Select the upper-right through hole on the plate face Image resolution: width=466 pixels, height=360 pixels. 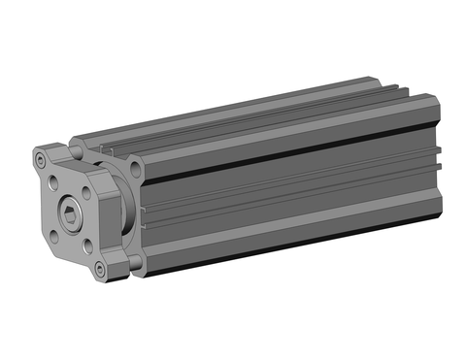[85, 193]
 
